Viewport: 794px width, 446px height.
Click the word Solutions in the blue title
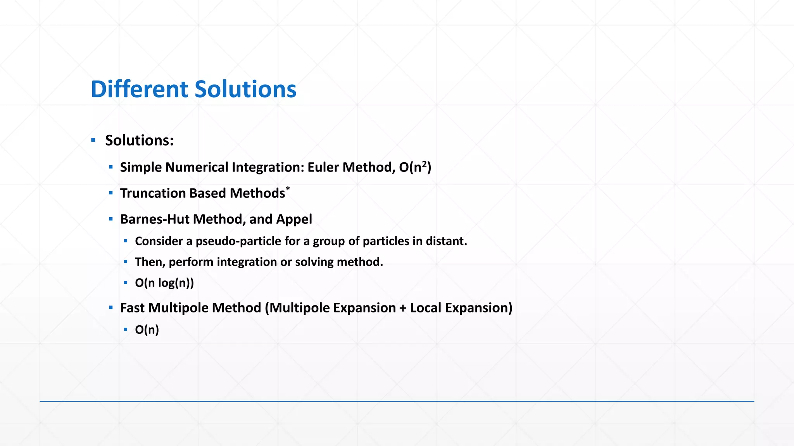(x=245, y=89)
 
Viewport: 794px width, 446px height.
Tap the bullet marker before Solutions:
(x=93, y=140)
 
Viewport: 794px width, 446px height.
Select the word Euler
(x=323, y=167)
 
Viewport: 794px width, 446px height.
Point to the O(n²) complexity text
(x=415, y=167)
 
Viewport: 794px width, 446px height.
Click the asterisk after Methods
(x=288, y=189)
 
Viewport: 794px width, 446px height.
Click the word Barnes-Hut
(x=155, y=219)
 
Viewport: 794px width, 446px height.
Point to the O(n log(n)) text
(x=164, y=283)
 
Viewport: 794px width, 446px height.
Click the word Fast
(x=132, y=308)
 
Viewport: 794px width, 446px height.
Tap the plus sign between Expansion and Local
(x=403, y=308)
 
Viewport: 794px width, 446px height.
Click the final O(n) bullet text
(x=147, y=330)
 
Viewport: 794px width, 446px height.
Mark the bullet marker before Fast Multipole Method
(x=111, y=308)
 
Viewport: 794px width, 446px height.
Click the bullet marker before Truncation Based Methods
(x=111, y=193)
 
